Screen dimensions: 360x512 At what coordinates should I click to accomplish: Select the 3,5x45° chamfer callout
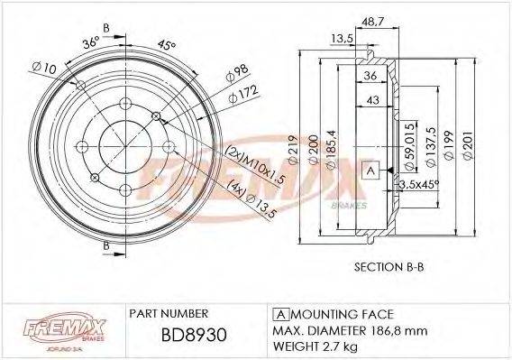tap(416, 186)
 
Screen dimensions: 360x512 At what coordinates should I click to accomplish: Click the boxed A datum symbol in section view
tap(369, 171)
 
